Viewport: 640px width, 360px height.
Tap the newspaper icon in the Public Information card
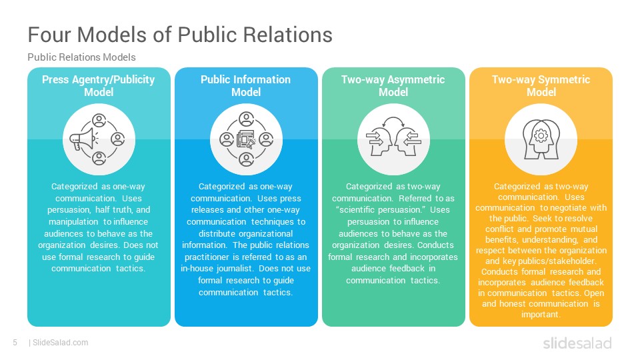(x=246, y=139)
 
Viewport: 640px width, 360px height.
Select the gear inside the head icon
(x=541, y=135)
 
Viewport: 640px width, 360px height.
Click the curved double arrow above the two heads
(x=393, y=121)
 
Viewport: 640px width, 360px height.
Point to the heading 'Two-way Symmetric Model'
(x=541, y=86)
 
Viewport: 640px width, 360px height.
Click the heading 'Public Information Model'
(x=246, y=86)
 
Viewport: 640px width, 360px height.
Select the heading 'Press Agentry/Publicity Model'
(x=99, y=86)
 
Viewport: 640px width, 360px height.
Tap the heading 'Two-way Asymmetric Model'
(x=393, y=86)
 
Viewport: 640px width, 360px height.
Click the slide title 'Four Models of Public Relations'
(x=180, y=34)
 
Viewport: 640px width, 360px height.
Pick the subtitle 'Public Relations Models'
(x=81, y=57)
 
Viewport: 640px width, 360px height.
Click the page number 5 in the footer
(x=15, y=343)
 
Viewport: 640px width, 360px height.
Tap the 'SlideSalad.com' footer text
(x=61, y=343)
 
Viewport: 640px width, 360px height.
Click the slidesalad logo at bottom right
(x=577, y=343)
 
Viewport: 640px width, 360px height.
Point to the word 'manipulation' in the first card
(x=73, y=221)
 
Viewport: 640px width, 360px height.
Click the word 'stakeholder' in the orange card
(x=573, y=261)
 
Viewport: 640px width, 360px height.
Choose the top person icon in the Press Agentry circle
(x=99, y=121)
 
